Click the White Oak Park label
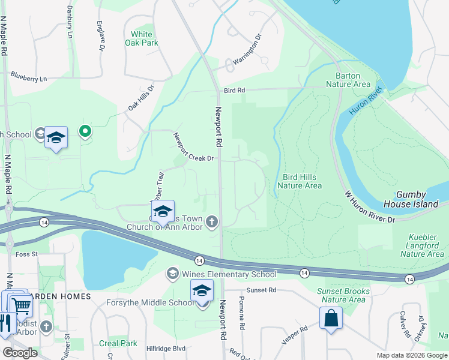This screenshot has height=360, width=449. [142, 39]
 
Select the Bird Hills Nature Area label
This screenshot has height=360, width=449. [302, 181]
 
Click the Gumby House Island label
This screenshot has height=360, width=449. [420, 199]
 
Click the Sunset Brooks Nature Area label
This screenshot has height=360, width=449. [342, 295]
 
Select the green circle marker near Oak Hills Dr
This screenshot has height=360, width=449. [85, 130]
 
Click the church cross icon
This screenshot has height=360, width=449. [211, 222]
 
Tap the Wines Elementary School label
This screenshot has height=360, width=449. [229, 274]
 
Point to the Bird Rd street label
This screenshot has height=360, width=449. [234, 90]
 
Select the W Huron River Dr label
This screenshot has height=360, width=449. [370, 207]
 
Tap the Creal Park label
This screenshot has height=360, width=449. [118, 343]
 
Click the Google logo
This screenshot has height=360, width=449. [20, 353]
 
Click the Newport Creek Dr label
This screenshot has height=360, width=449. [193, 148]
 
